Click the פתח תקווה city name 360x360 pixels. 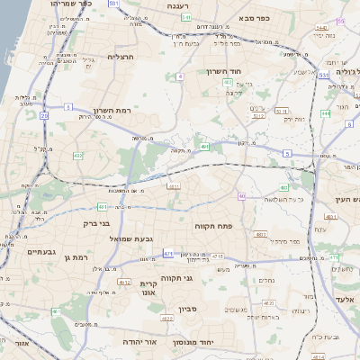(x=213, y=226)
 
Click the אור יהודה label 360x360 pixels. (x=163, y=343)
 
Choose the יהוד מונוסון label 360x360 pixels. (x=217, y=343)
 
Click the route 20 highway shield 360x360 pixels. (x=44, y=115)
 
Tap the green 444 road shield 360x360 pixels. (x=326, y=113)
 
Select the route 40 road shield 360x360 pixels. (x=240, y=195)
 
